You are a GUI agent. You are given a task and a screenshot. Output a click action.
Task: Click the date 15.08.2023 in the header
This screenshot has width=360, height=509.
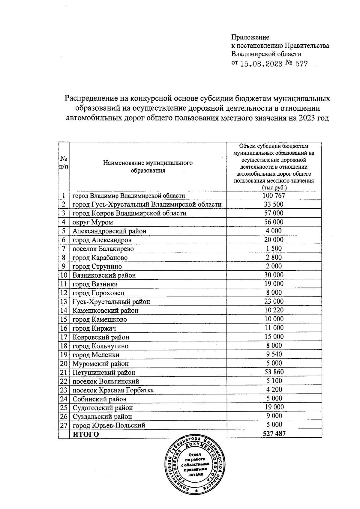262,64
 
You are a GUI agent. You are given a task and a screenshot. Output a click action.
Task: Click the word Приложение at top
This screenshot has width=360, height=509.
250,37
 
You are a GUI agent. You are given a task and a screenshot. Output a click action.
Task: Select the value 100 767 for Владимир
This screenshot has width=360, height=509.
274,196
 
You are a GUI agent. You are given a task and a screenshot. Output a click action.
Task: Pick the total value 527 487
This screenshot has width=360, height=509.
274,434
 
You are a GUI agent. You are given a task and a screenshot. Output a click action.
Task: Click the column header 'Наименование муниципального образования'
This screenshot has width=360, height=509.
148,167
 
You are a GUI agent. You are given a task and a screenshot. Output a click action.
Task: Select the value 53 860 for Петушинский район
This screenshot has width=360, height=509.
274,372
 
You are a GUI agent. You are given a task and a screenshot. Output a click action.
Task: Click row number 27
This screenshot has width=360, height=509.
64,425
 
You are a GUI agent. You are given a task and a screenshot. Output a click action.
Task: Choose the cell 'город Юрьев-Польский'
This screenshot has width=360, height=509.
109,425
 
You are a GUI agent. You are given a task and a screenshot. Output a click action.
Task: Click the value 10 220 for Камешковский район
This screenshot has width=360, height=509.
274,310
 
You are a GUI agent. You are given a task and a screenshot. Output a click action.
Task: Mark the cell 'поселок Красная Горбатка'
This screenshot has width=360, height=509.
113,390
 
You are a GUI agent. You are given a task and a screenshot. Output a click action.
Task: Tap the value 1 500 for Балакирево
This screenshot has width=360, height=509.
274,249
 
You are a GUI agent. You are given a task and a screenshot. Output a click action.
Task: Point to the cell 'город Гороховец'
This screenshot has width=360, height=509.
98,293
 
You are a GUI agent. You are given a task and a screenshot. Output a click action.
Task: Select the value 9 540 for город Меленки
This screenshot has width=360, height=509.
274,354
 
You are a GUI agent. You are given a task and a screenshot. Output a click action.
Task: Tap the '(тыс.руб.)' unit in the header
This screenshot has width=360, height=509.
274,188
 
